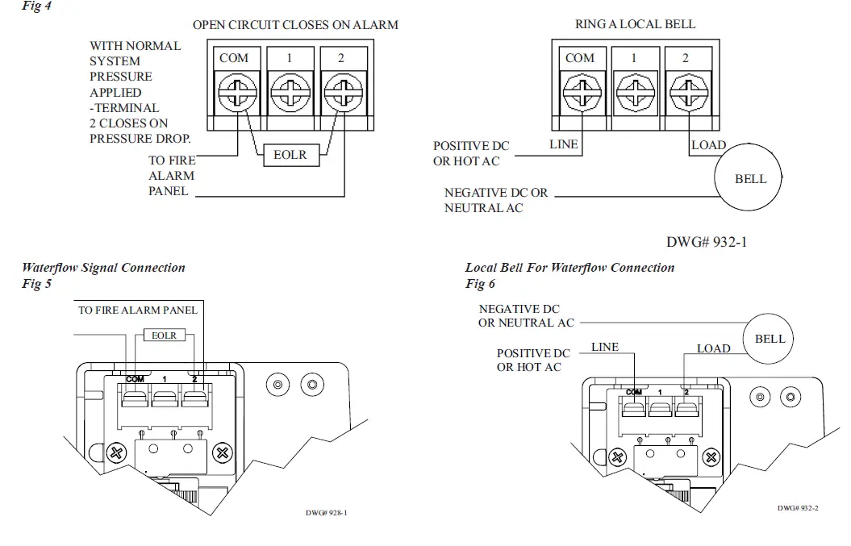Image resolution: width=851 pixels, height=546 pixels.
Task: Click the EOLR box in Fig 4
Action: [290, 155]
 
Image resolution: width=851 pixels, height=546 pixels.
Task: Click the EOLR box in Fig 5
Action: [164, 335]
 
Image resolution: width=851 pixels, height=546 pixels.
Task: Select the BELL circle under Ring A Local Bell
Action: [750, 179]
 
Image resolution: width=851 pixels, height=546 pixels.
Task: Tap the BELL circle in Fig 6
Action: [770, 339]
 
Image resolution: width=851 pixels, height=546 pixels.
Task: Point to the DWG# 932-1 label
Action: [707, 241]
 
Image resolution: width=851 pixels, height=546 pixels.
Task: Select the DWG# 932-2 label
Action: [798, 508]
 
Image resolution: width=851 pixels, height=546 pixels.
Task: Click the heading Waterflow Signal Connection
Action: [103, 268]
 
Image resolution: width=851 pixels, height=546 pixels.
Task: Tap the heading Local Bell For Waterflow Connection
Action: [569, 268]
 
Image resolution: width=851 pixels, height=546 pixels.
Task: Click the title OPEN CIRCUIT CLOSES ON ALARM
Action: [295, 25]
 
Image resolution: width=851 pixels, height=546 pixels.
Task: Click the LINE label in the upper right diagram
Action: [563, 145]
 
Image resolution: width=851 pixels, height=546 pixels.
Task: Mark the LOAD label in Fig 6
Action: [713, 348]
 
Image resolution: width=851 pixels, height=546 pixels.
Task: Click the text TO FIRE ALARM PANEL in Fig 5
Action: [137, 310]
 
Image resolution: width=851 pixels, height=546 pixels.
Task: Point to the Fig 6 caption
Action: [480, 284]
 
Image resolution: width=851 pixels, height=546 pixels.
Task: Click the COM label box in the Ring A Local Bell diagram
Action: [580, 58]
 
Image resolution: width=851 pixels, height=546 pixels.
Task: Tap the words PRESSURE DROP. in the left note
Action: [140, 139]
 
